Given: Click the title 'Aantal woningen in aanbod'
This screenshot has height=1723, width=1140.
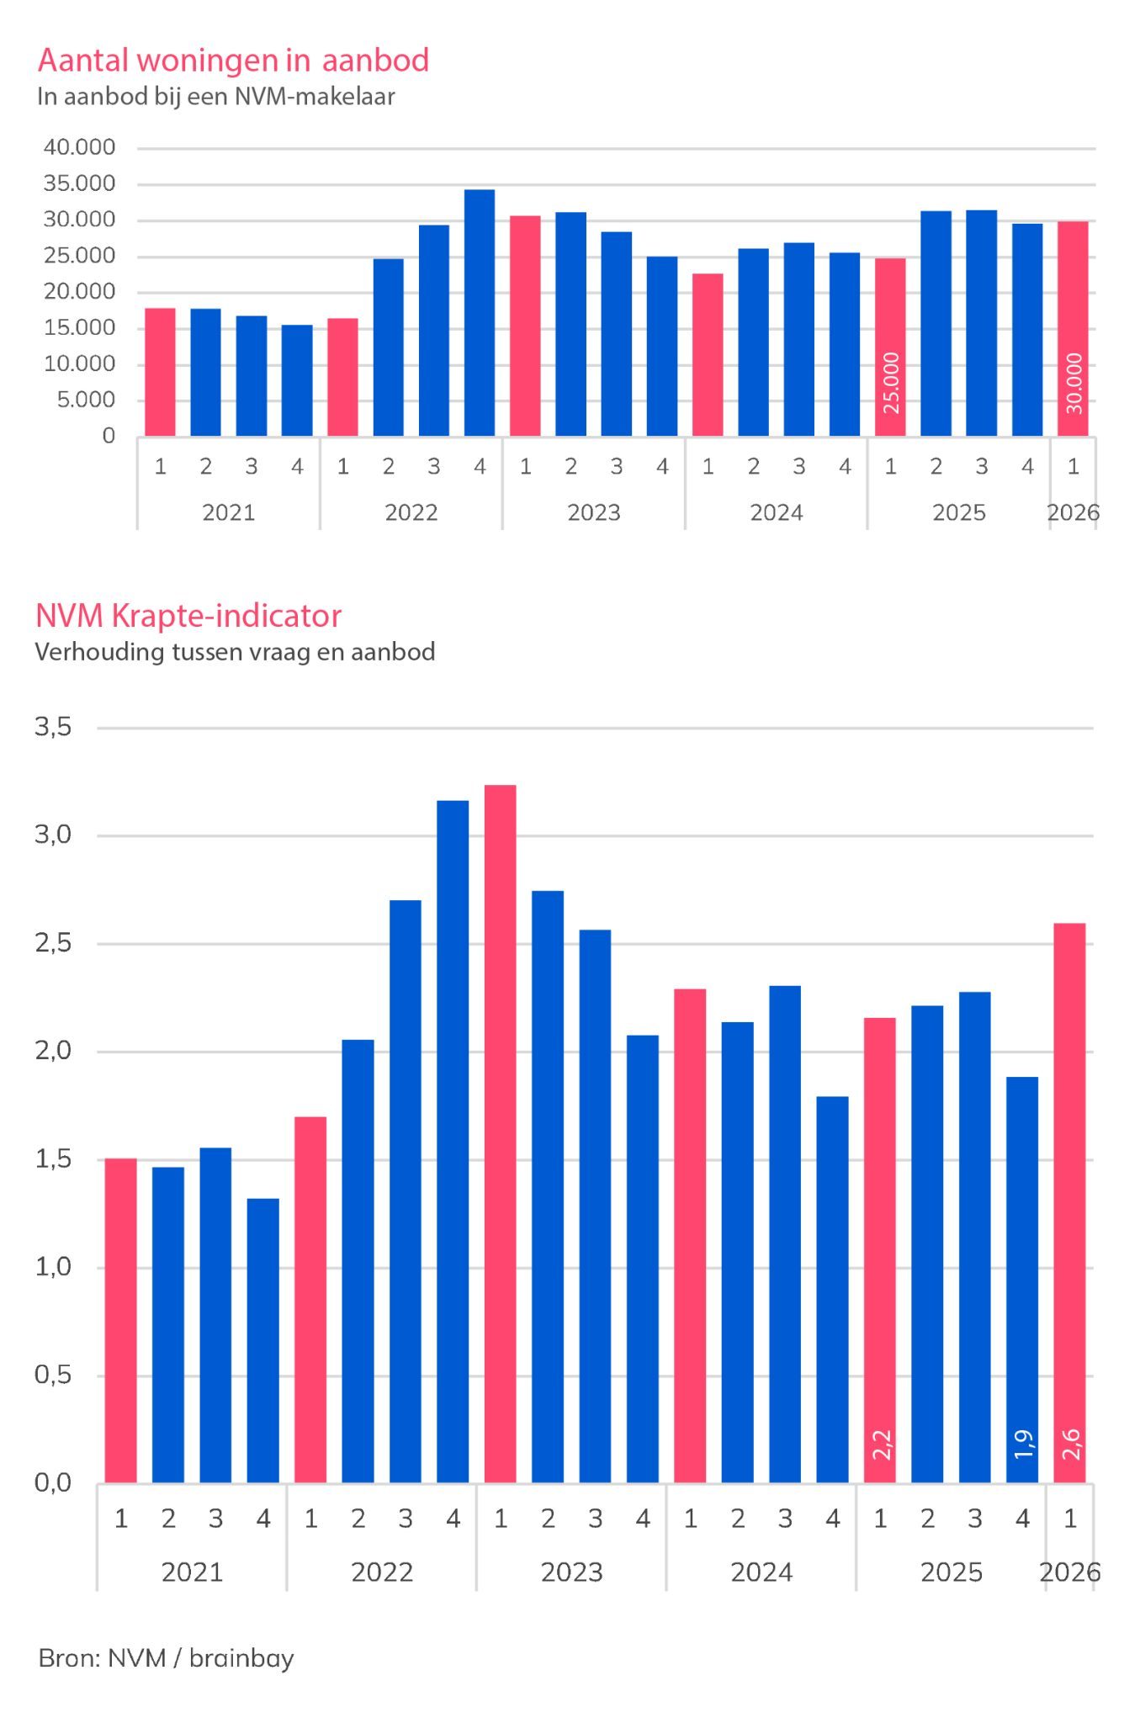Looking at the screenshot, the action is pos(234,61).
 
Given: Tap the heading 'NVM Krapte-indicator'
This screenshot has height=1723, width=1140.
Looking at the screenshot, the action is pos(188,616).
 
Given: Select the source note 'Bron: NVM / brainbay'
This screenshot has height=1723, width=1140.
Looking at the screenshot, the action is pos(167,1657).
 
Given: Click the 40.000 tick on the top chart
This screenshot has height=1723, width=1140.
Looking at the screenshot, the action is pos(80,147).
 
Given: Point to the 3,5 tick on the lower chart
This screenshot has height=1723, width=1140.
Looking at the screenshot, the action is pos(53,727).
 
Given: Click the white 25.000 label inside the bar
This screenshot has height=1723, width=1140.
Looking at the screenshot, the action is pos(891,383).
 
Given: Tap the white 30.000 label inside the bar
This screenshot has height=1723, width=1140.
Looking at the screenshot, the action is pos(1074,383).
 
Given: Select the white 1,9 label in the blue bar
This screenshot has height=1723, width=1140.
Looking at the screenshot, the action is pos(1023,1444).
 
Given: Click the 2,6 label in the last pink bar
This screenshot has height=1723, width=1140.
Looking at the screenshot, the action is pos(1070,1444).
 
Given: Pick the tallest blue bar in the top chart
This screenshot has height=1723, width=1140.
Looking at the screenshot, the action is pos(480,313).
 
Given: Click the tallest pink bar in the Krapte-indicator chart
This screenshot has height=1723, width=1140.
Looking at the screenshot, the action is pos(501,1133).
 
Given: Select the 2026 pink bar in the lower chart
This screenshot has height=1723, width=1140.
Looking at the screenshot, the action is pos(1070,1203).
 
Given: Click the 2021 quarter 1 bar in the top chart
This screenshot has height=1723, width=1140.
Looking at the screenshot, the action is pos(160,372).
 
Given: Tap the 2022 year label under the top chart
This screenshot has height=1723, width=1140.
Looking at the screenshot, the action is pos(411,512).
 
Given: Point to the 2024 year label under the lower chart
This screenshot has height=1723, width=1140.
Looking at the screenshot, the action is pos(761,1572).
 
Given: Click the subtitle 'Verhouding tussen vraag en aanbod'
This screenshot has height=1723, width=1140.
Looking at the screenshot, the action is pos(236,652).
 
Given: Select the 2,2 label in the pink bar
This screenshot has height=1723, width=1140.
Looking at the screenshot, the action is pos(881,1444).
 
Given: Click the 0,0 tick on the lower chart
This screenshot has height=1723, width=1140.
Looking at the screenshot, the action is pos(53,1482).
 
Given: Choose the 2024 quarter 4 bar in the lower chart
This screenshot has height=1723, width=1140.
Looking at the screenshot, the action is pos(833,1290).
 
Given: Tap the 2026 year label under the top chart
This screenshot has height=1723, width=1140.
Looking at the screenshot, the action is pos(1074,512).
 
